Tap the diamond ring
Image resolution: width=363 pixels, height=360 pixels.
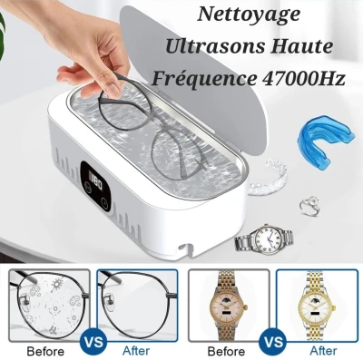coord(309,205)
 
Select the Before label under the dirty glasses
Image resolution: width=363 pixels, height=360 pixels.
coord(45,352)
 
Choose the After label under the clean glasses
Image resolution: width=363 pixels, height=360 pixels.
coord(136,351)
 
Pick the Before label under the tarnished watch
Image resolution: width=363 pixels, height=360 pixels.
coord(226,352)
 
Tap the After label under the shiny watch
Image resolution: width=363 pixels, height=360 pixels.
coord(324,351)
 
